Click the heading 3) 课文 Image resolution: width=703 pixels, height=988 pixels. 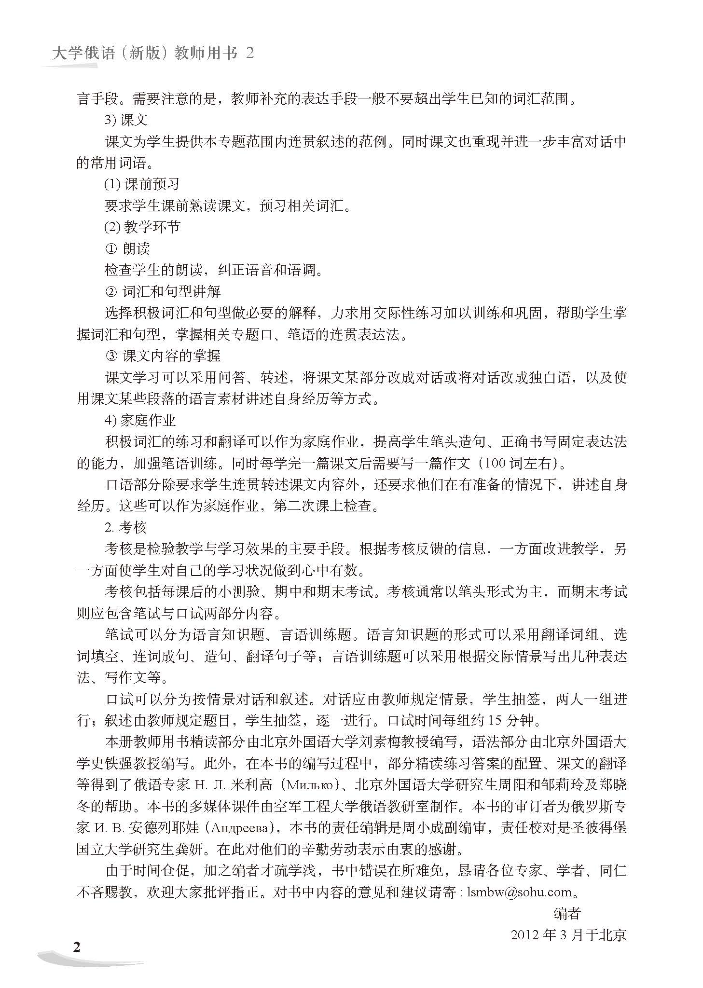tap(126, 120)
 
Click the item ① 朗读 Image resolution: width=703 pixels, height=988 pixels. tap(127, 248)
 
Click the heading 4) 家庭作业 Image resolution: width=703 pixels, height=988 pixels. tap(140, 420)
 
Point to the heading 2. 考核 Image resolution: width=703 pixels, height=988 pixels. tap(125, 527)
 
